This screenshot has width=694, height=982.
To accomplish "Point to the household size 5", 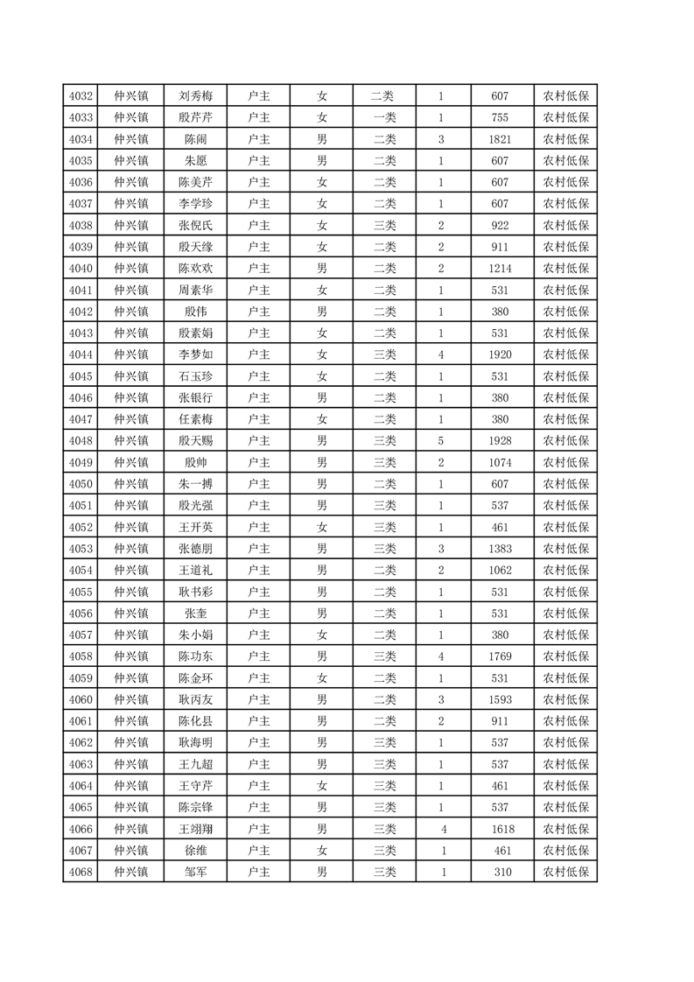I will [441, 441].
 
